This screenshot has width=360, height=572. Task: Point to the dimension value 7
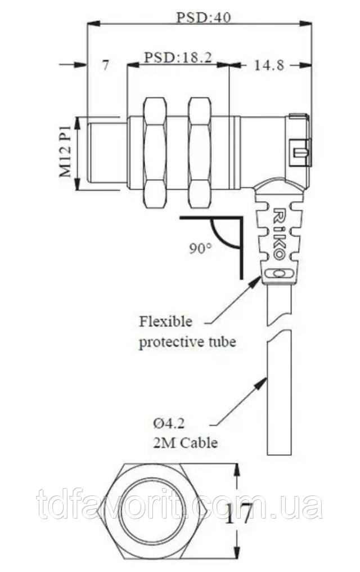[106, 65]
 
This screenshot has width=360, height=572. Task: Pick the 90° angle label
[200, 248]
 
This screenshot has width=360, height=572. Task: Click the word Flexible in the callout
[166, 322]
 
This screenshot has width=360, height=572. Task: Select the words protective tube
[187, 342]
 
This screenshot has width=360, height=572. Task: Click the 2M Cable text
[184, 443]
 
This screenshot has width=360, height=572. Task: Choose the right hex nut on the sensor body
[199, 152]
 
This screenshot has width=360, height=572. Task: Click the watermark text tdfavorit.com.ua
[179, 505]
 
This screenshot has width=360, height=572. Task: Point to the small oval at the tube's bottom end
[280, 274]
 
